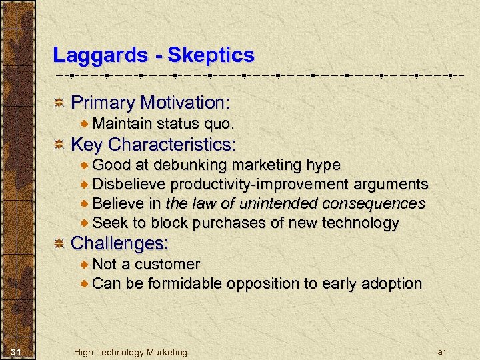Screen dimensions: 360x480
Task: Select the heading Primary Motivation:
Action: tap(150, 103)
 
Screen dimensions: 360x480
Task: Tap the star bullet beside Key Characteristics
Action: tap(59, 145)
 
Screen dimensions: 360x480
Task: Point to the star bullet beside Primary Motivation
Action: tap(59, 103)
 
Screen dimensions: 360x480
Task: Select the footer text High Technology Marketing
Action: tap(131, 352)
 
